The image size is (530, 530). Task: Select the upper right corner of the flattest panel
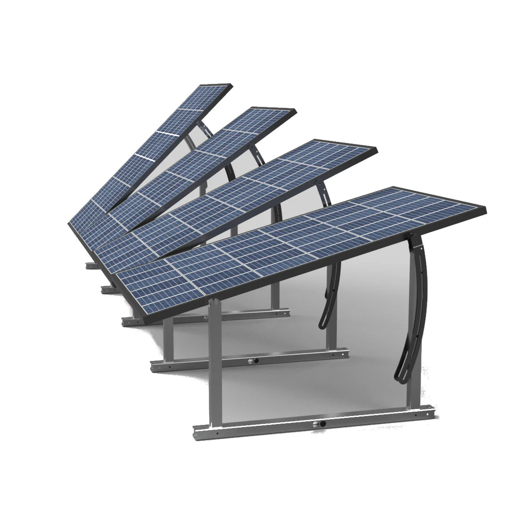coord(484,207)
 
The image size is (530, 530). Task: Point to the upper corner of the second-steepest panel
coord(294,112)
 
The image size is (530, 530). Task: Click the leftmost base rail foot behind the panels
coord(90,266)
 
